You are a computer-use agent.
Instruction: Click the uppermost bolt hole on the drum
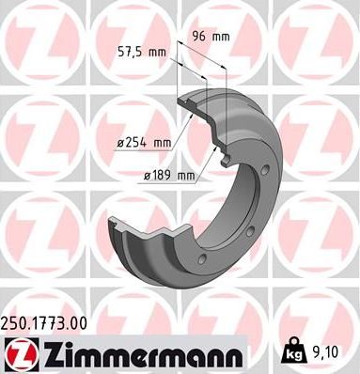[x=266, y=171]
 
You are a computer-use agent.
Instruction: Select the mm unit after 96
[x=222, y=37]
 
